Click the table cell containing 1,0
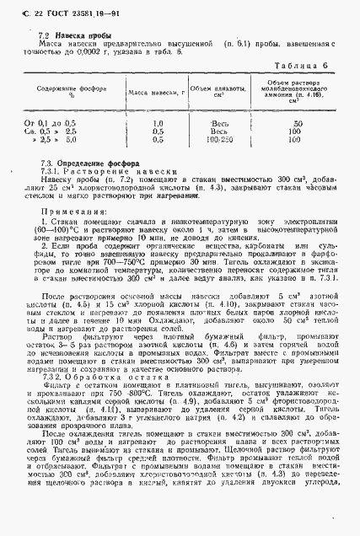[x=157, y=124]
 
